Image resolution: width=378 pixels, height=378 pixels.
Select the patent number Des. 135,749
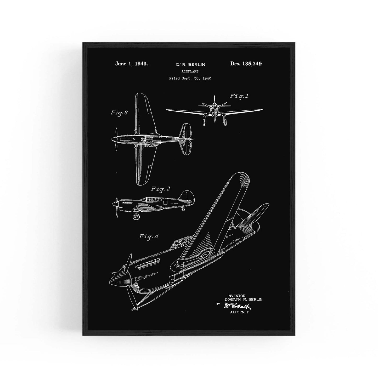point(246,64)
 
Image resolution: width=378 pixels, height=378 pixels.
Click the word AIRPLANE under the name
point(190,71)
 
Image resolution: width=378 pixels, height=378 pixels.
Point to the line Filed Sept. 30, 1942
point(190,78)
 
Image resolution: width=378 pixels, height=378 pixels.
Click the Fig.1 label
point(239,96)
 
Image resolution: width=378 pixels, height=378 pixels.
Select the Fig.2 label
point(119,113)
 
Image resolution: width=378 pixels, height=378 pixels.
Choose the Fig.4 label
point(148,236)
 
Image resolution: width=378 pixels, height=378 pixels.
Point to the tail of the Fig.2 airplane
point(186,139)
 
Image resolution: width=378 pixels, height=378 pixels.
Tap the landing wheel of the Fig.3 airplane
point(136,216)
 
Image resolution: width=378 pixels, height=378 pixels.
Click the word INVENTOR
point(236,296)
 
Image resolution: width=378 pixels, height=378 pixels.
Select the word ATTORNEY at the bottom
point(239,312)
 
